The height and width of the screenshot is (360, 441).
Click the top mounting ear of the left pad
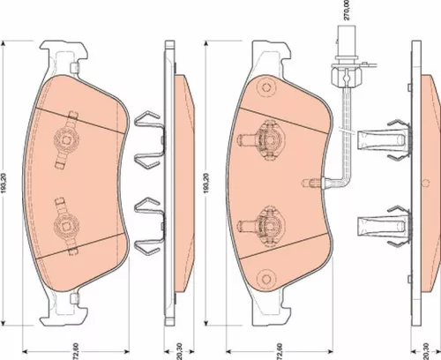click(64, 59)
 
